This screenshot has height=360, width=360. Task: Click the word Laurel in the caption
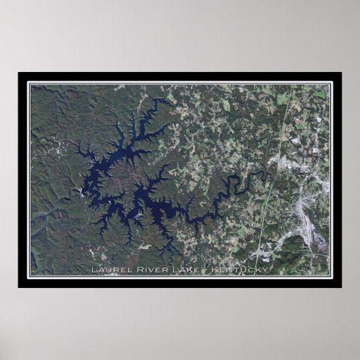click(x=107, y=270)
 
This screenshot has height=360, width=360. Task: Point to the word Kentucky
click(x=240, y=270)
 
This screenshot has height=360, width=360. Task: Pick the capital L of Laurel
click(x=93, y=270)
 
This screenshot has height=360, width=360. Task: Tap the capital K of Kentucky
click(x=214, y=270)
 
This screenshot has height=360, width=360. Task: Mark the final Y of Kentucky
click(x=266, y=270)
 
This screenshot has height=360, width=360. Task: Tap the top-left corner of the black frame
click(x=19, y=73)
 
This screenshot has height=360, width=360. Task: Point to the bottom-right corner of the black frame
click(x=341, y=287)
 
